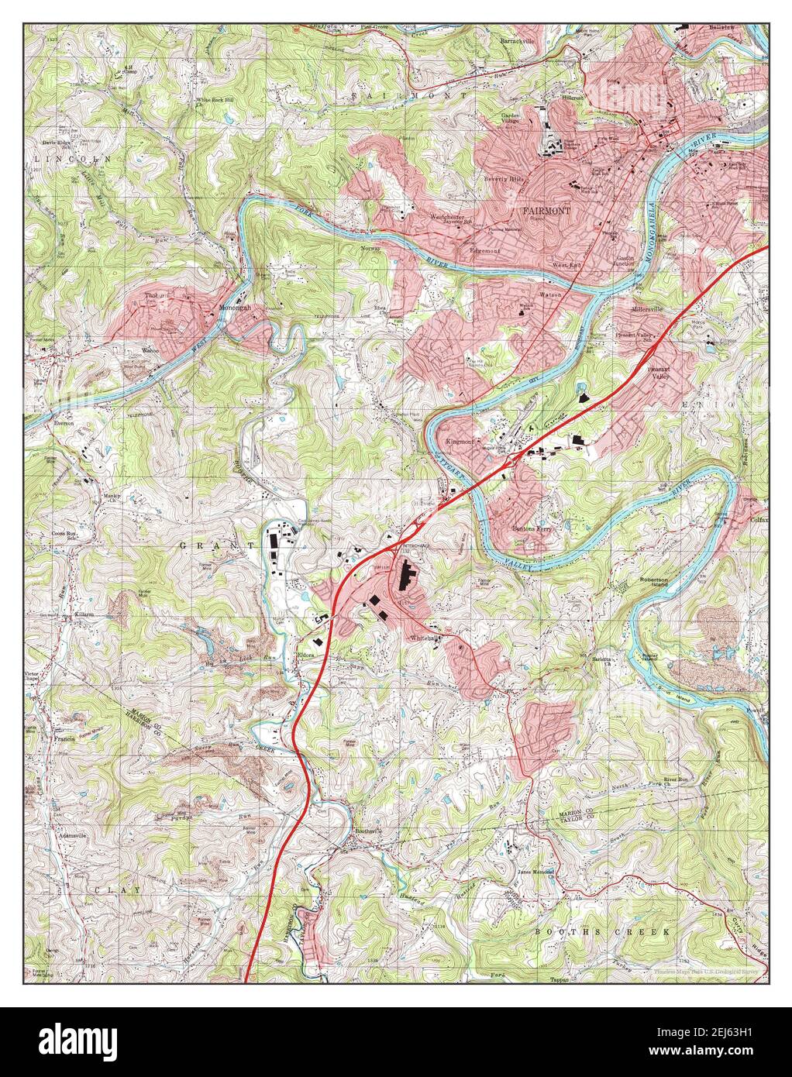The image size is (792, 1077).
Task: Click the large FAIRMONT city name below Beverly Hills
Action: coord(546,211)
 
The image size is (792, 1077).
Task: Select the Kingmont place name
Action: coord(460,441)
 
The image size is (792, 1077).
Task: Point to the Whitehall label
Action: coord(425,638)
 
